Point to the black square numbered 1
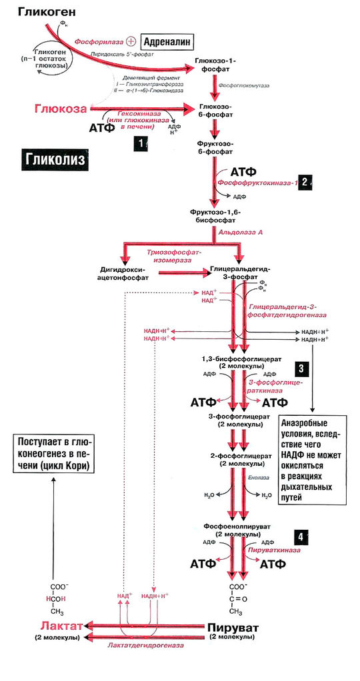tap(140, 142)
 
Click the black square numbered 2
tap(304, 181)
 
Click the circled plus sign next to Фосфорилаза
tap(131, 41)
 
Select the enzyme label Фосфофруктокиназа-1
tap(255, 182)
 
